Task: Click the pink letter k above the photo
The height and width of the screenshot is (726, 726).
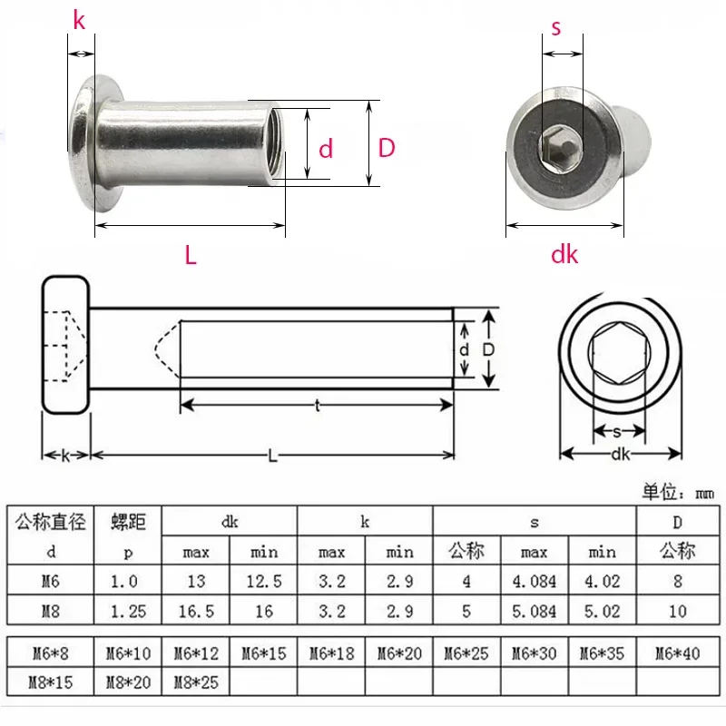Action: click(x=79, y=20)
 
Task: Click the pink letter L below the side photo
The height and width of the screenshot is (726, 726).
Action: click(x=191, y=256)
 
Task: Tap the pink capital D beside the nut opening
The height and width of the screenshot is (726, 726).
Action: click(x=388, y=148)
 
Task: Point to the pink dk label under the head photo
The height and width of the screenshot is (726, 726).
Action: click(x=564, y=255)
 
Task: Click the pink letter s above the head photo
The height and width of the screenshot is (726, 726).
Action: click(x=556, y=27)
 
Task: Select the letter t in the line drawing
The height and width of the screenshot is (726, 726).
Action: click(x=317, y=407)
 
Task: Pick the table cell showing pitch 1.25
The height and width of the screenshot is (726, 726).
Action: click(x=128, y=612)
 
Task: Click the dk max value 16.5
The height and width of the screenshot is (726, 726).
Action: click(x=196, y=612)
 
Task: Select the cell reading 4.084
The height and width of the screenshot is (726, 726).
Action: click(x=535, y=580)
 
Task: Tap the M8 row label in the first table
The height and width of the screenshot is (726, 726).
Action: click(x=51, y=612)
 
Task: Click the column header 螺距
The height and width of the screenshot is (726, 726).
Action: click(x=128, y=522)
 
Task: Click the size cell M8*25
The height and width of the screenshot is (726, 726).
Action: click(x=196, y=681)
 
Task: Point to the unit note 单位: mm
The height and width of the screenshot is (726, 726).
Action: click(x=678, y=493)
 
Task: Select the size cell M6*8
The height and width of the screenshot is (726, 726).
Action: click(x=51, y=652)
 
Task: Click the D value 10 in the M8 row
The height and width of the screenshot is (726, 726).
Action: click(x=677, y=612)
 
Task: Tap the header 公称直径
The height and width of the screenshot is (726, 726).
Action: click(x=51, y=522)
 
